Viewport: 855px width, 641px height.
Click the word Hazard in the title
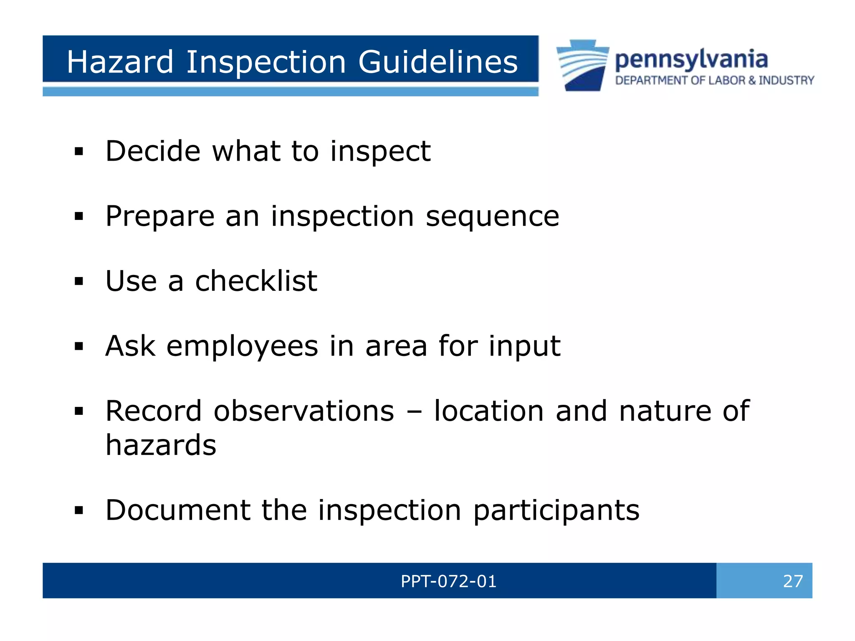point(120,62)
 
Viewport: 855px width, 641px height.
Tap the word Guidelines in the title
point(438,62)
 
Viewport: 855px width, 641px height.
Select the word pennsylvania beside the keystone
point(691,60)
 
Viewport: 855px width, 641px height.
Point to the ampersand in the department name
point(752,80)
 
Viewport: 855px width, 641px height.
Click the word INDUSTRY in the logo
point(787,80)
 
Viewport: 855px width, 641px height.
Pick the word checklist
point(256,281)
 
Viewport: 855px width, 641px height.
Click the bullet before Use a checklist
point(79,281)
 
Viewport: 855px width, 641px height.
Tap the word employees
point(242,346)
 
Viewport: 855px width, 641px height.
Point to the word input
point(524,346)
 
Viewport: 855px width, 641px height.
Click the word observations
point(304,411)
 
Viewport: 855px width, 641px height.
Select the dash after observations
point(414,412)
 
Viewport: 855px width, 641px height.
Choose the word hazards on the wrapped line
point(161,445)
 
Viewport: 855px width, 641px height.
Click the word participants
point(556,510)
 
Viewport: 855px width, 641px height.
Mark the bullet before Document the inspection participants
point(79,510)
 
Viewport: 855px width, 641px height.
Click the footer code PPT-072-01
point(448,581)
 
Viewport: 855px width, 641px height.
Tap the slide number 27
point(793,581)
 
